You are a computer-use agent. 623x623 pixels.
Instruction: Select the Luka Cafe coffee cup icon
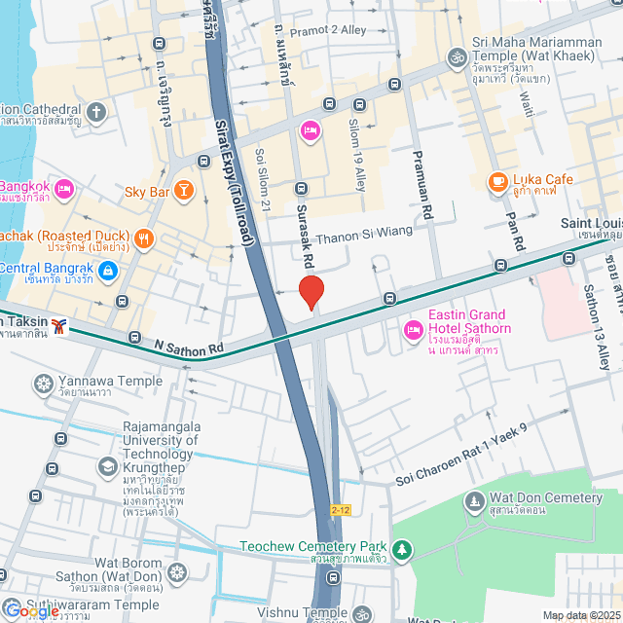tap(497, 181)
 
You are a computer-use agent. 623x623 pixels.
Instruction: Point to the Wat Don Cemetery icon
tap(474, 502)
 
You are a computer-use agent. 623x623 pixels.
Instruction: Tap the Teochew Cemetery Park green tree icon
tap(402, 551)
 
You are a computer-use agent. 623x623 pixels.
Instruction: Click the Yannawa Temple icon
tap(43, 383)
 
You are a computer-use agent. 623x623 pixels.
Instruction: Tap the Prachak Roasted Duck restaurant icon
tap(143, 238)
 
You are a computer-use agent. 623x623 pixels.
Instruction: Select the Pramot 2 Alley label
tap(328, 30)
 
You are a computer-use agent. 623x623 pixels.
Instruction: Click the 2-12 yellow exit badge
tap(340, 509)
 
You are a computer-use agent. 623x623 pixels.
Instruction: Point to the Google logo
tap(31, 611)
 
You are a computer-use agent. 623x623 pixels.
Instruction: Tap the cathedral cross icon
tap(95, 111)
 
